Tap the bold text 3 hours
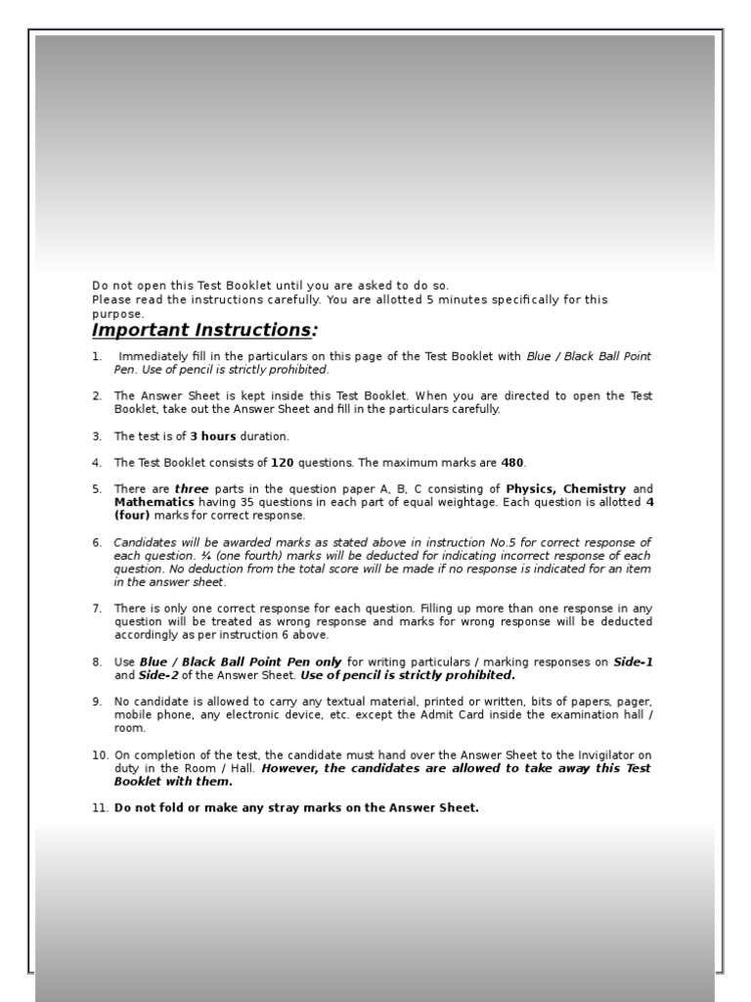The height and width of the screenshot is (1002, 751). click(213, 436)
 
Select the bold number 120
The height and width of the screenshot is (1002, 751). click(283, 463)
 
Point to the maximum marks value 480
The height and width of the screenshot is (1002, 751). click(513, 463)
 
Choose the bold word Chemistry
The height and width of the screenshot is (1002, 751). click(595, 489)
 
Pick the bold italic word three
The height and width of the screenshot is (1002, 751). click(192, 489)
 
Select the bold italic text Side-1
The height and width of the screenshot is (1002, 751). click(633, 662)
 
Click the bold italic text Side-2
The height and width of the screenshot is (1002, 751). click(158, 675)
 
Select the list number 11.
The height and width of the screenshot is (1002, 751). click(100, 808)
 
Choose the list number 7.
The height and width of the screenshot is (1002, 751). click(97, 609)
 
